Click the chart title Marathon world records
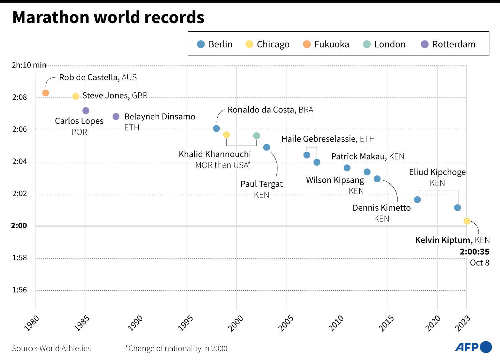click(108, 17)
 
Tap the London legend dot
click(367, 44)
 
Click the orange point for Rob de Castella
click(46, 93)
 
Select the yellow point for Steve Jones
click(75, 96)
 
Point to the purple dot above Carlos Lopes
click(86, 111)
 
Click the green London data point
click(257, 136)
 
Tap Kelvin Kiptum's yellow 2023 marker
click(467, 221)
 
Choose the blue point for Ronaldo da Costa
click(216, 128)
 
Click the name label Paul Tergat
click(261, 184)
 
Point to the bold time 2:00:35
click(475, 252)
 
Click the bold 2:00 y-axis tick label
click(19, 226)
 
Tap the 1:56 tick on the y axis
click(20, 290)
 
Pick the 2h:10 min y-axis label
click(29, 65)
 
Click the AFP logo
click(473, 347)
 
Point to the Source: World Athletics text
click(51, 348)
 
